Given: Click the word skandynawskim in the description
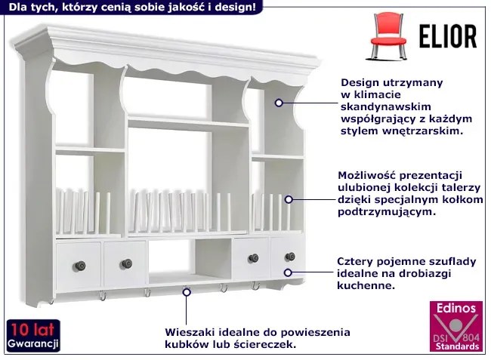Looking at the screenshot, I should tap(379, 106).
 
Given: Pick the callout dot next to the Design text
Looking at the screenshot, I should tap(279, 102).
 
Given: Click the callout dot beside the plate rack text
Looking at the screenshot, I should tap(288, 200).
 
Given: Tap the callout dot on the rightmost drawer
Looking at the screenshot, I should tap(288, 272).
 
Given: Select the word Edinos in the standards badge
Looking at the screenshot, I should tap(455, 308).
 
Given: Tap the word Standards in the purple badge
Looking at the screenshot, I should tap(455, 346).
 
